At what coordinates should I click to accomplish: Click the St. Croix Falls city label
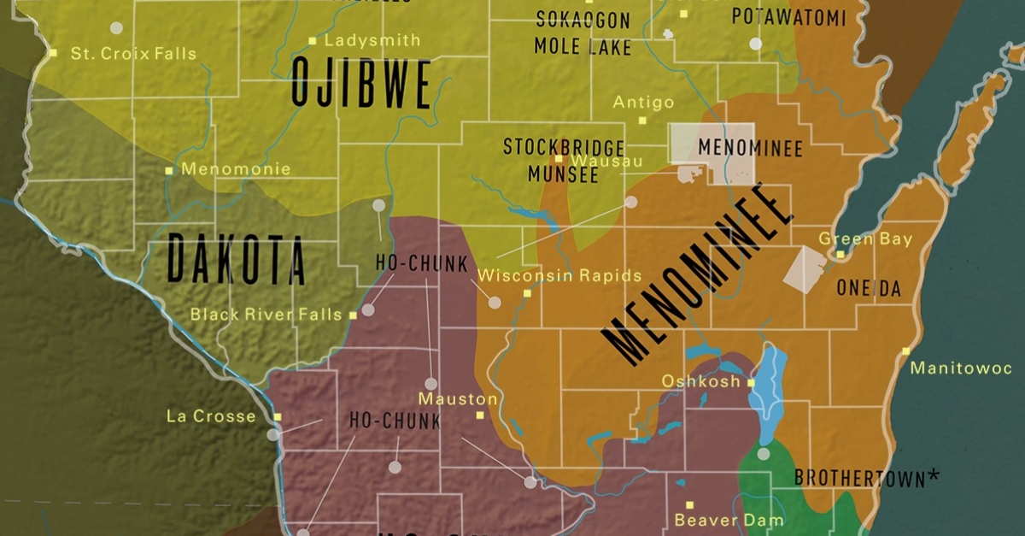(132, 54)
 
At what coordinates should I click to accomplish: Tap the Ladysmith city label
(372, 40)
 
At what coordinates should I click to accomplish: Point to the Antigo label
(644, 103)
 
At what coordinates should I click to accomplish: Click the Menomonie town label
(236, 169)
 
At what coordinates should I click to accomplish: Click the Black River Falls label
(266, 315)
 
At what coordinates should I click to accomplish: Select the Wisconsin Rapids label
(559, 276)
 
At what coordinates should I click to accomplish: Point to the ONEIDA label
(869, 289)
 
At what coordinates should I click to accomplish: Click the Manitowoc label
(961, 368)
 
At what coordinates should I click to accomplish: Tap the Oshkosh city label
(700, 381)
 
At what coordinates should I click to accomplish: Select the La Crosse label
(211, 416)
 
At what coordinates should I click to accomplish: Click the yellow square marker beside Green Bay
(840, 254)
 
